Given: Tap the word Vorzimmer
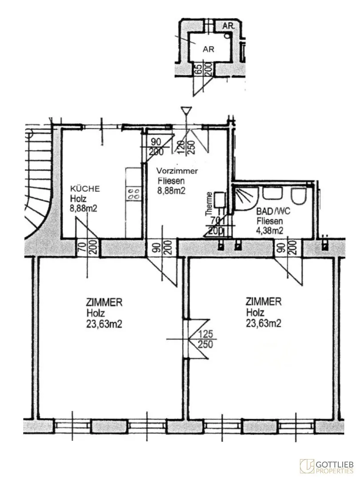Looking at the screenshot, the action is click(x=177, y=171).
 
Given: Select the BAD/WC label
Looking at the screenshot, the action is click(x=273, y=211).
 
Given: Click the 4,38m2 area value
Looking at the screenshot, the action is click(x=270, y=231).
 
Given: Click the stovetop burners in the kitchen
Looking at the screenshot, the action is click(x=133, y=194).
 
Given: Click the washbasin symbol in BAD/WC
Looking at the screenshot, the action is click(x=272, y=193).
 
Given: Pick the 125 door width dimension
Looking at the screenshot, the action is click(x=205, y=333).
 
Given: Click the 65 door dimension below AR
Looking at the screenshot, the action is click(x=199, y=68).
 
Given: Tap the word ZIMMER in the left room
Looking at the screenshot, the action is click(x=104, y=303).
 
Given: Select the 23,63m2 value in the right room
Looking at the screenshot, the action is click(x=264, y=323).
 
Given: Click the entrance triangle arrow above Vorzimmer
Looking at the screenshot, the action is click(x=186, y=111).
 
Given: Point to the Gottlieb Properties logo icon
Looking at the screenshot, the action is click(x=307, y=466).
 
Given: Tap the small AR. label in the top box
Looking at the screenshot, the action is click(x=228, y=26).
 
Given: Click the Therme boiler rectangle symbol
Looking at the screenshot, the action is click(x=220, y=199).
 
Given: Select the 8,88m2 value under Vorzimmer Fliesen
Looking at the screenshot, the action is click(x=172, y=190).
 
